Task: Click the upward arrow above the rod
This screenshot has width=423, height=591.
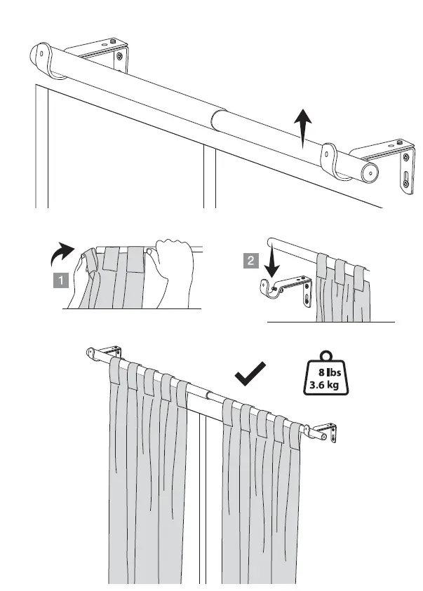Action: pos(302,128)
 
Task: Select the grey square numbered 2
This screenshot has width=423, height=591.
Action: pos(250,261)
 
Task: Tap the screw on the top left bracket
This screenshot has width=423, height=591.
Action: pos(120,56)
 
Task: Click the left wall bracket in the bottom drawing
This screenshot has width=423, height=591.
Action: pos(105,353)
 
